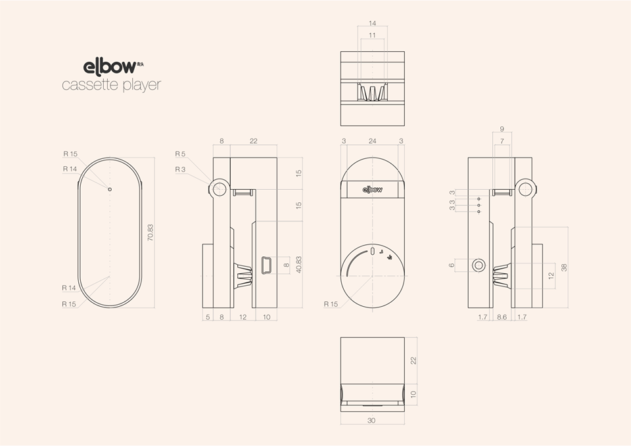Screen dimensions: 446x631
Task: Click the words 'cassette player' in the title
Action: (x=111, y=85)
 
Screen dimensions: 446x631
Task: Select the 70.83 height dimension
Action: (x=151, y=233)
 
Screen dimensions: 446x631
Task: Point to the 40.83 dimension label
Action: (x=298, y=265)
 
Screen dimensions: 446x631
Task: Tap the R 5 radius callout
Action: (x=180, y=154)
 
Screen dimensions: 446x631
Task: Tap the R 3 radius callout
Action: (x=180, y=169)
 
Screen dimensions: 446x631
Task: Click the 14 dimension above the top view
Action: (x=373, y=23)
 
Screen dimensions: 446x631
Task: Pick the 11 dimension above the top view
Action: (x=373, y=35)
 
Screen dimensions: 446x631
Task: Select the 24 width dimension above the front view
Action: (x=373, y=141)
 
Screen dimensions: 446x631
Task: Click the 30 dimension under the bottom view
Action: (x=373, y=420)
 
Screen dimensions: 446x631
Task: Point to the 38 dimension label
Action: (x=563, y=267)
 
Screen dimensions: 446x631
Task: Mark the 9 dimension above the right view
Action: (x=502, y=129)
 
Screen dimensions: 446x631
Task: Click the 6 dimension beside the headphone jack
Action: (x=452, y=265)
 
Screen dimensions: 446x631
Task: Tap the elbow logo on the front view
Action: (x=373, y=189)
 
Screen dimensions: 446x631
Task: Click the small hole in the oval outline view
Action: (x=110, y=189)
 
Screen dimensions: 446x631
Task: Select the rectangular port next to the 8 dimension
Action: (x=266, y=265)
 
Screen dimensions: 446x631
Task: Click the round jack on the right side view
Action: (x=479, y=265)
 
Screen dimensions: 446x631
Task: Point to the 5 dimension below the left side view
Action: (x=207, y=317)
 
